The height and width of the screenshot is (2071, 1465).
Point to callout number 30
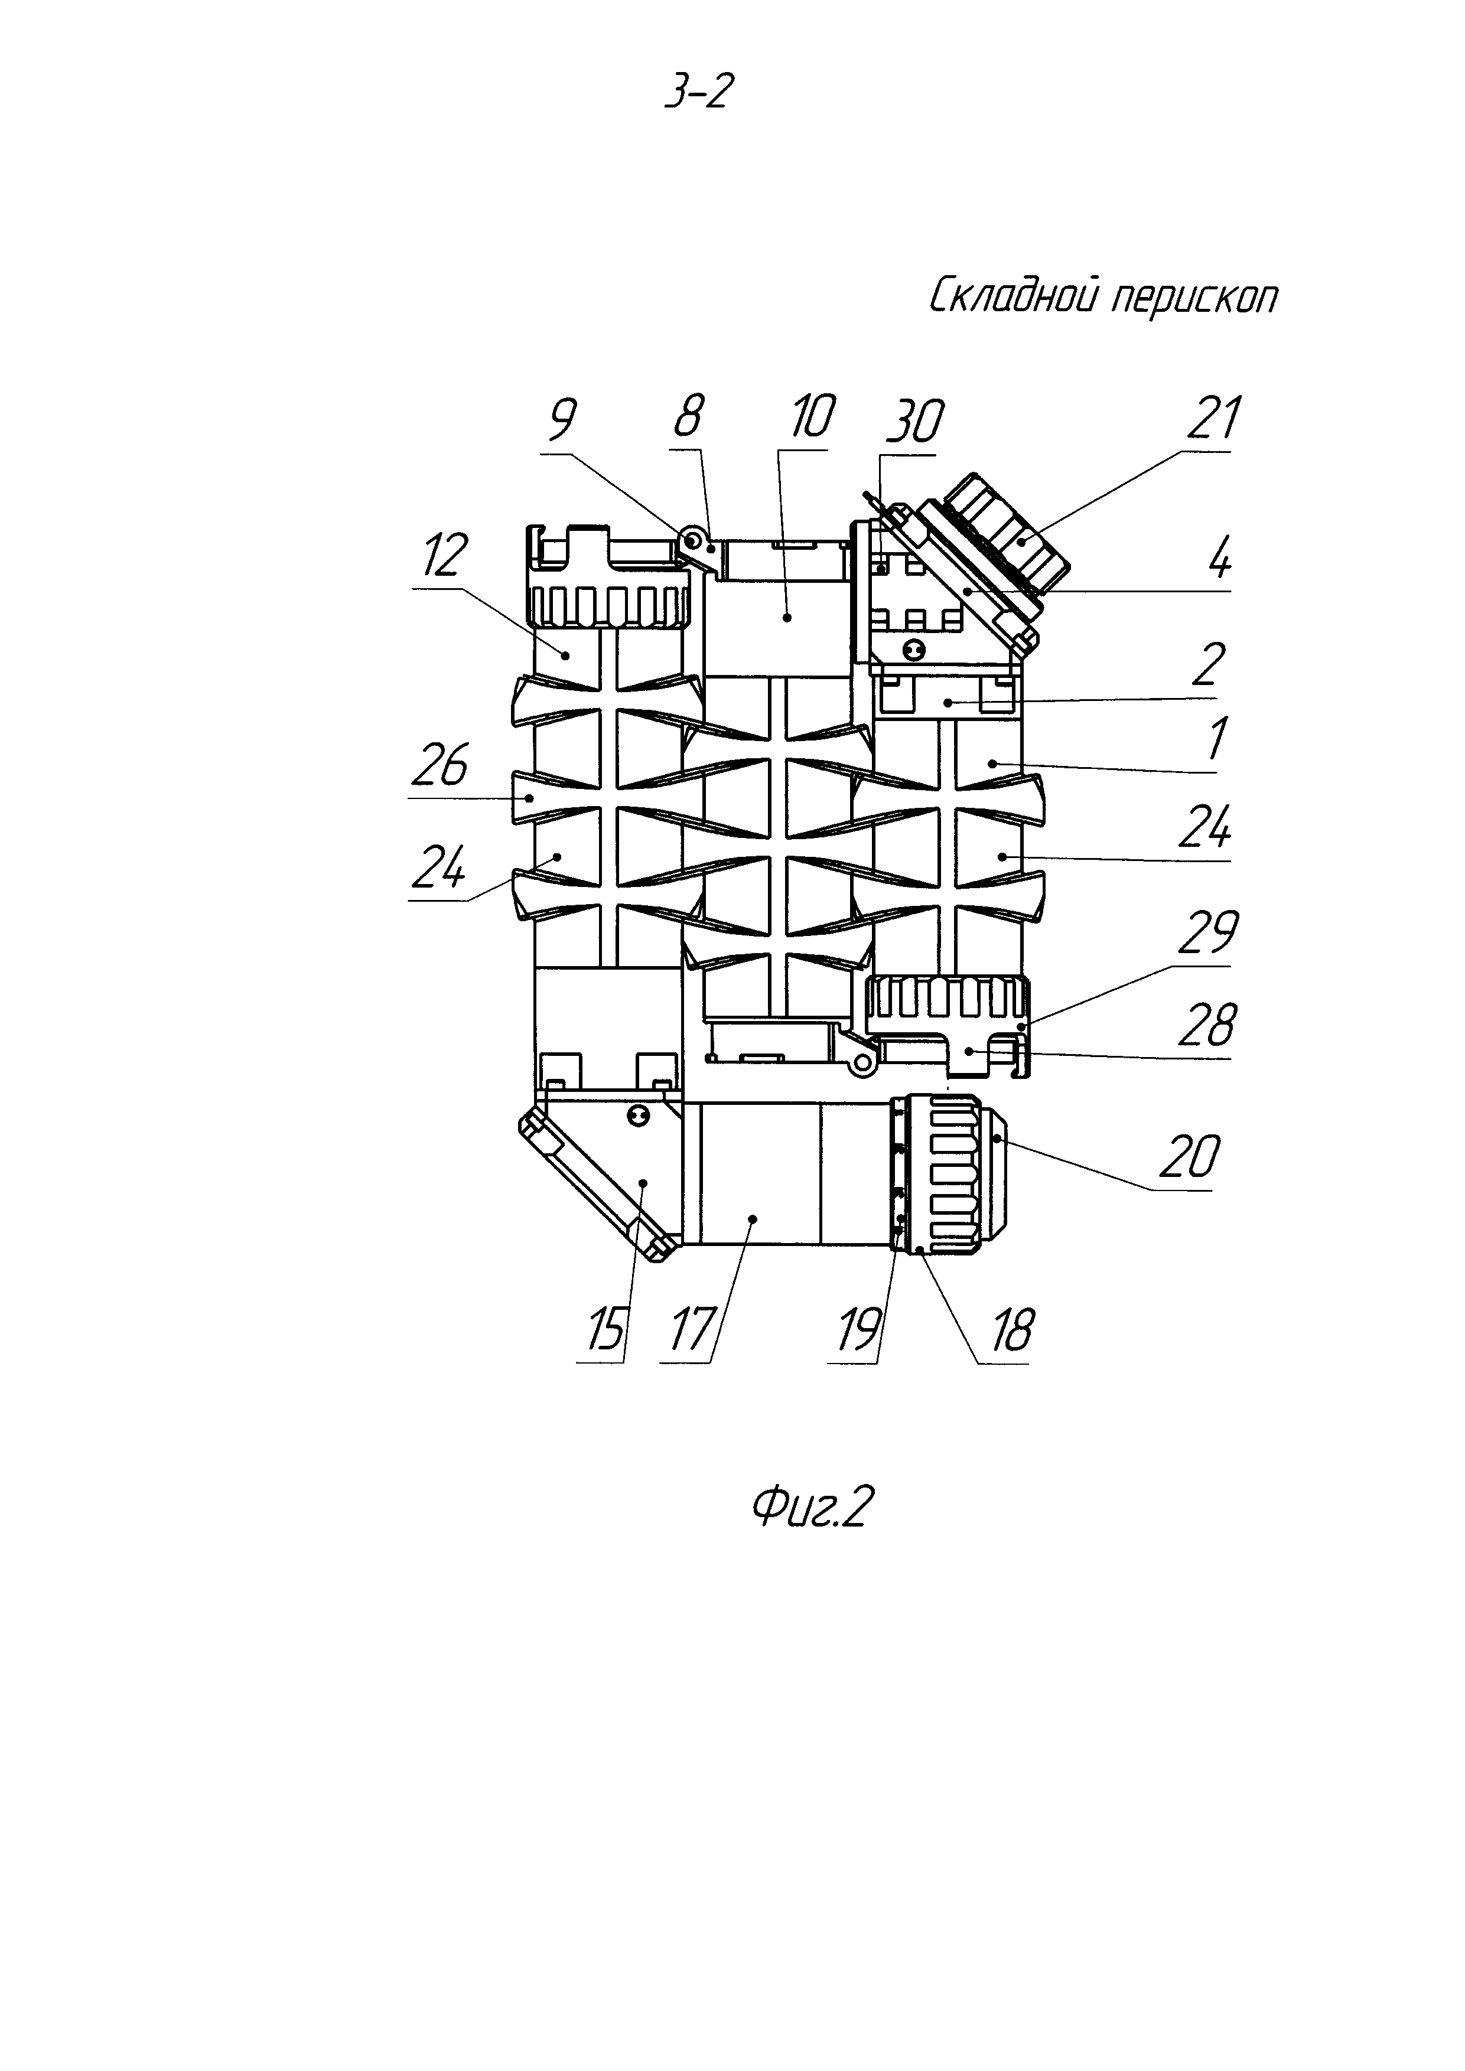coord(914,422)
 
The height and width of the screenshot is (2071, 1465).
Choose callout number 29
coord(1209,932)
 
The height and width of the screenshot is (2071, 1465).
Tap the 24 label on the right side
coord(1205,827)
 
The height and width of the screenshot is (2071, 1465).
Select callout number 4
coord(1219,560)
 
